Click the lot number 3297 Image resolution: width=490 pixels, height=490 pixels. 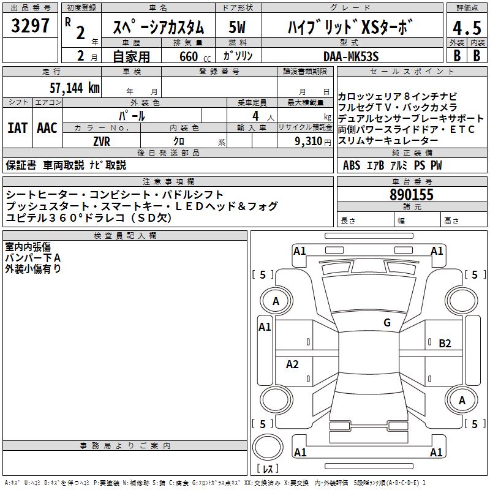pyautogui.click(x=30, y=26)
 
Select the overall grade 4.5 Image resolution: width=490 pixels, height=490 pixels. pyautogui.click(x=467, y=28)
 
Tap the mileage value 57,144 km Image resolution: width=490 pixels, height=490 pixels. pyautogui.click(x=75, y=88)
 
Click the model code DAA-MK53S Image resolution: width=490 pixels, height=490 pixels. pyautogui.click(x=351, y=56)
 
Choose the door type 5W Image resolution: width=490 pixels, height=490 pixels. pyautogui.click(x=237, y=27)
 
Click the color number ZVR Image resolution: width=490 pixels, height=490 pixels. pyautogui.click(x=102, y=141)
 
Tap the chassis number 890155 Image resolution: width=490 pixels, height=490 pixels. pyautogui.click(x=412, y=195)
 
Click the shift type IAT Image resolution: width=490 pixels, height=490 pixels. pyautogui.click(x=17, y=128)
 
